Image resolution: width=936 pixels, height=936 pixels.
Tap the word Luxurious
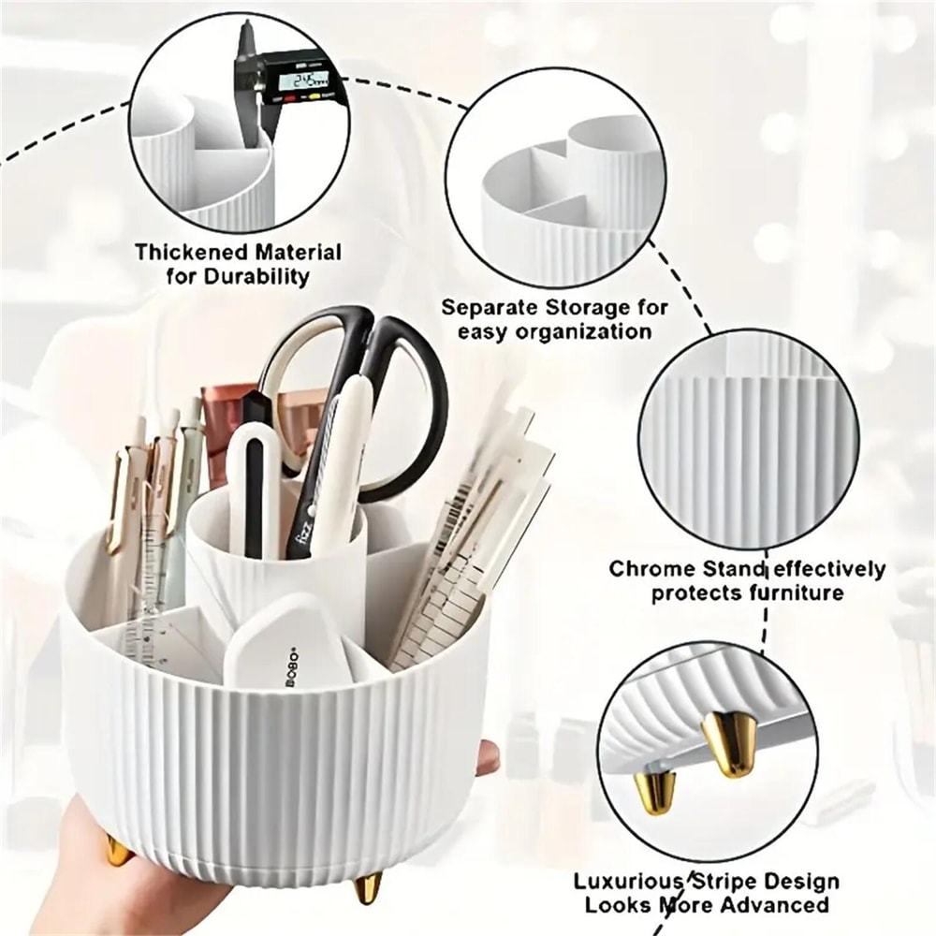tap(626, 882)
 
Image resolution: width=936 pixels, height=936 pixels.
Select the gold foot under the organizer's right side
tap(368, 885)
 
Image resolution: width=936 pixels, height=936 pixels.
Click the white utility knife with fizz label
tap(328, 468)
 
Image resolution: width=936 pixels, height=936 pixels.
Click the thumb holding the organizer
tap(487, 758)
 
